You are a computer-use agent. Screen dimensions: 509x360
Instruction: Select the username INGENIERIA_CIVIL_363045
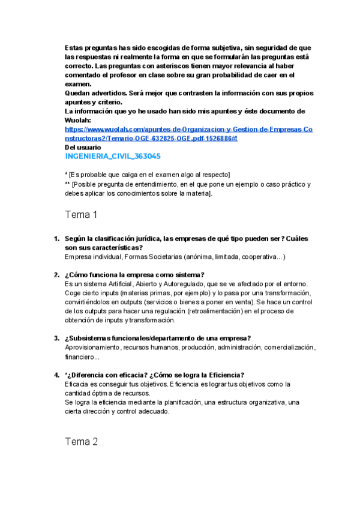tap(112, 157)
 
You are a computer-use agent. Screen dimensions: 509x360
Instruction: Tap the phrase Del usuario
tap(83, 147)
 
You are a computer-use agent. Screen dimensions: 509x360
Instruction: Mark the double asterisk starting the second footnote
tap(67, 184)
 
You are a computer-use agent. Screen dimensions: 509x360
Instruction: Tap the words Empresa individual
tap(93, 257)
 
